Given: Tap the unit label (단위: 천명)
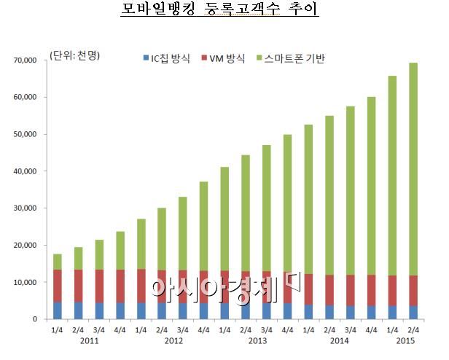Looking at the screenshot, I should coord(75,57).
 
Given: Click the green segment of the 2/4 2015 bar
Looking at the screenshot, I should coord(413,168).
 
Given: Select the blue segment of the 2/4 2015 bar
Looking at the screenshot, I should coord(413,312).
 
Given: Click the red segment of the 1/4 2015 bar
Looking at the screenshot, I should coord(392,291).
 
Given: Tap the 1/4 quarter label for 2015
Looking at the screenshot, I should coord(392,329).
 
